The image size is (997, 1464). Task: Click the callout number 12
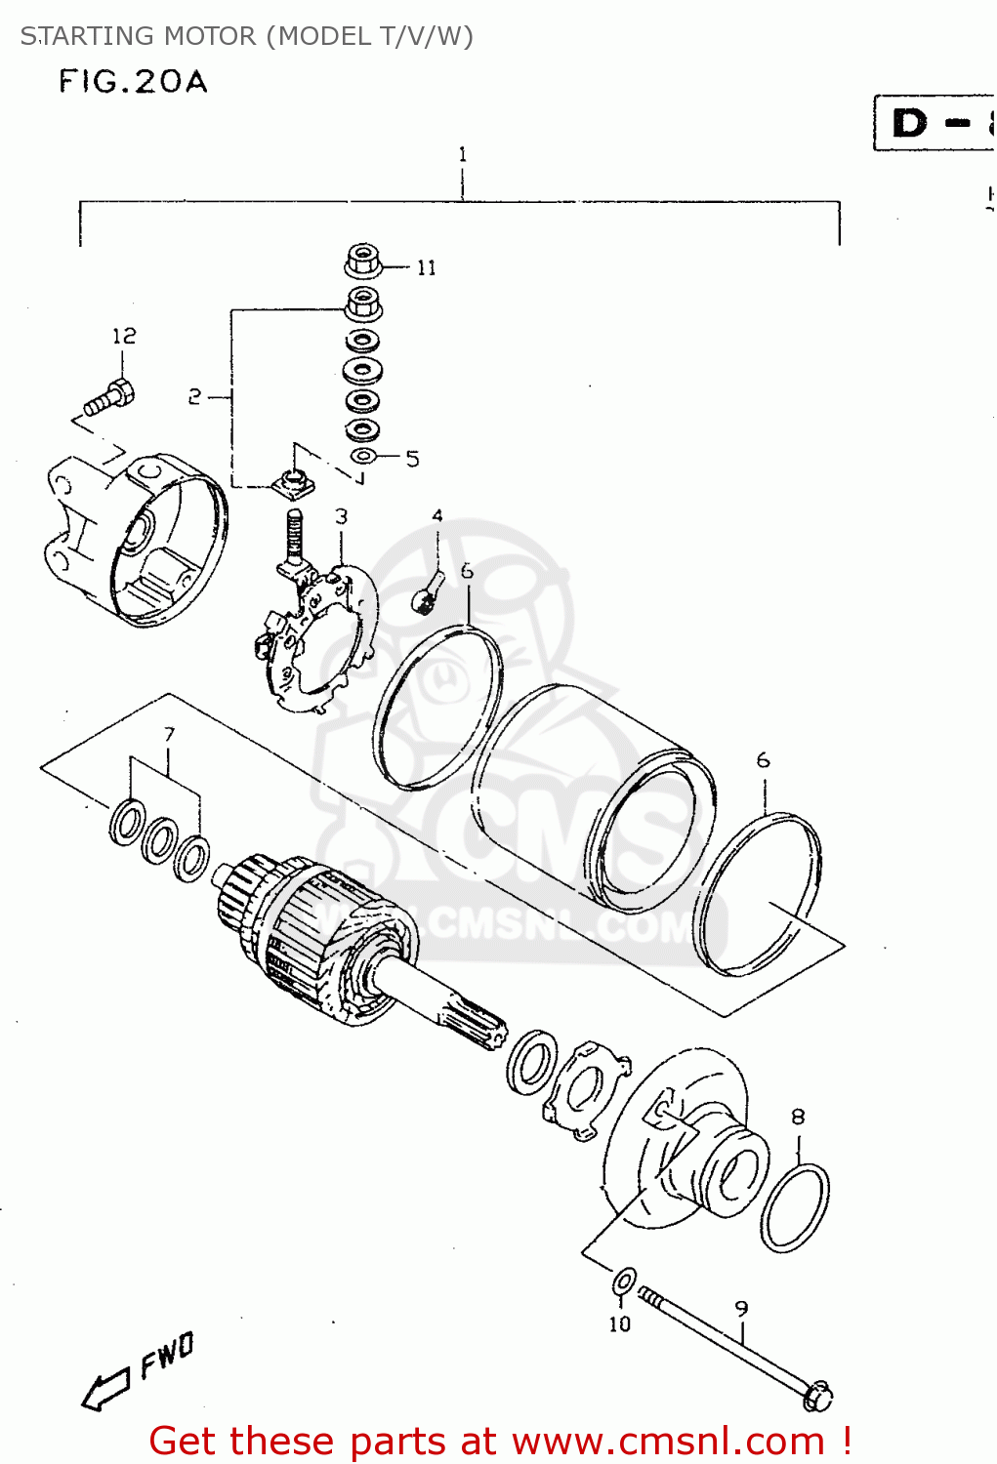124,336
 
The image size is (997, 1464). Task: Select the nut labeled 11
363,263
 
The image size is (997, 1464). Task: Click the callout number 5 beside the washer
412,459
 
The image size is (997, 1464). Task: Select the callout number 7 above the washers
169,734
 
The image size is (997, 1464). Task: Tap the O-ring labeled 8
794,1207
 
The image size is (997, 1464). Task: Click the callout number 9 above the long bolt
741,1309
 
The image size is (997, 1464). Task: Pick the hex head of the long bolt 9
817,1397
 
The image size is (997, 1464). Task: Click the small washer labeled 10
624,1281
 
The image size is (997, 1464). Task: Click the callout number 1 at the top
462,154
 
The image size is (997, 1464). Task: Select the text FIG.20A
134,81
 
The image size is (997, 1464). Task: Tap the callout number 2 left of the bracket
194,396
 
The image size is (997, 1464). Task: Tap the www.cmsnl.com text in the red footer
668,1442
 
